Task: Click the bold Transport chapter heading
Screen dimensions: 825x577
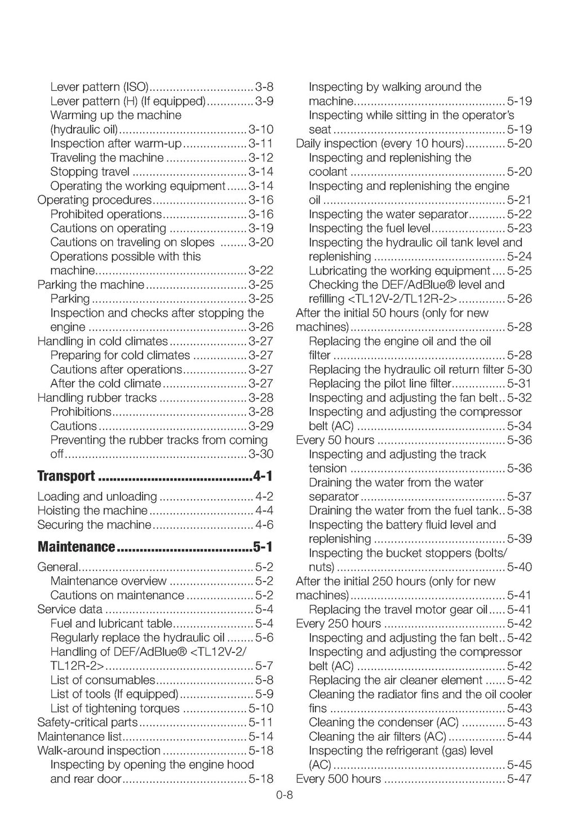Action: point(66,477)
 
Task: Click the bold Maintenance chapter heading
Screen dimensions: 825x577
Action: point(76,547)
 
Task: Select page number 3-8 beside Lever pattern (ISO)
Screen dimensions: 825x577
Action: point(264,87)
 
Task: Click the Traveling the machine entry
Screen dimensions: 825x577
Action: point(107,158)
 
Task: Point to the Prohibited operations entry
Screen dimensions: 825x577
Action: point(106,214)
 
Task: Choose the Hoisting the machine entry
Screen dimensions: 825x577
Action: point(92,511)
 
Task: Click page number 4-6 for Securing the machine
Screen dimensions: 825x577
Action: point(264,525)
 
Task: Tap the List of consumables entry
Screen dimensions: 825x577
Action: point(103,680)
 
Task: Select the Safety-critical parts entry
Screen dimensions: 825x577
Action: point(87,722)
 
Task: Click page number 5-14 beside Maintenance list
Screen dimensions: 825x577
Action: point(261,736)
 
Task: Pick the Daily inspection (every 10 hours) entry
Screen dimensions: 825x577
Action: point(380,144)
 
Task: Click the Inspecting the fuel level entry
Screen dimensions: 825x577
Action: point(370,228)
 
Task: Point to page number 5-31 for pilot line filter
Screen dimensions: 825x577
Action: point(519,384)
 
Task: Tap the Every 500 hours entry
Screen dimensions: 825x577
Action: point(339,779)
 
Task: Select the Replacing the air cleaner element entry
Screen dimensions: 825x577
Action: point(396,680)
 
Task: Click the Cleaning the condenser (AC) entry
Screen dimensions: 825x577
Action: point(384,722)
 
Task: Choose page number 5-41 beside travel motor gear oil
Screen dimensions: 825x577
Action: point(519,610)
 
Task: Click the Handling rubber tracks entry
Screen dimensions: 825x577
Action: point(97,398)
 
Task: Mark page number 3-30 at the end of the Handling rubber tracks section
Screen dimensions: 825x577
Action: point(261,455)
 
